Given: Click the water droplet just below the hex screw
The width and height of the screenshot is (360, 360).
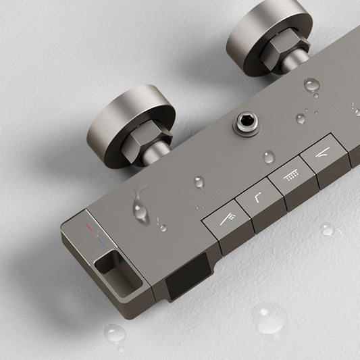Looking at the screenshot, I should [269, 157].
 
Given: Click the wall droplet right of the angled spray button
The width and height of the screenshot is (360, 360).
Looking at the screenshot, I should [328, 230].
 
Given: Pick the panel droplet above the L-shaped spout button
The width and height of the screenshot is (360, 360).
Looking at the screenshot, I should [199, 182].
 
